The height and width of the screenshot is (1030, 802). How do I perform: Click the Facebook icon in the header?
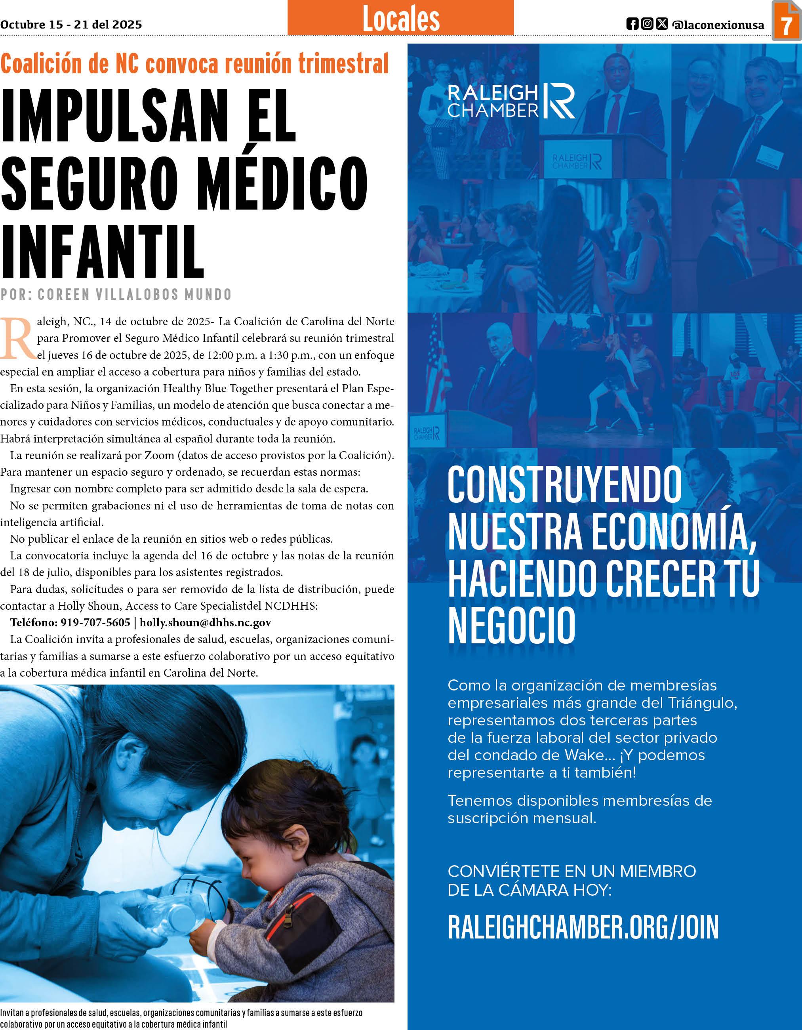[632, 24]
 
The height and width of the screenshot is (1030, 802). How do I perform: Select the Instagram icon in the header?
[648, 24]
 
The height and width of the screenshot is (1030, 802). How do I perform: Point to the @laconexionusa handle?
[718, 25]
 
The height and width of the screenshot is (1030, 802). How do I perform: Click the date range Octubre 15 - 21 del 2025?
[71, 25]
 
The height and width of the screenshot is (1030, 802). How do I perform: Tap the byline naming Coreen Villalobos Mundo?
[116, 294]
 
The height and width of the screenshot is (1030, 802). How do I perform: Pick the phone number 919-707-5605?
[95, 622]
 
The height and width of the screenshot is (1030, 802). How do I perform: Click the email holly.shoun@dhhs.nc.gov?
[205, 622]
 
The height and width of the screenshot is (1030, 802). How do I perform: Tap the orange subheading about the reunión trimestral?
[194, 64]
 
